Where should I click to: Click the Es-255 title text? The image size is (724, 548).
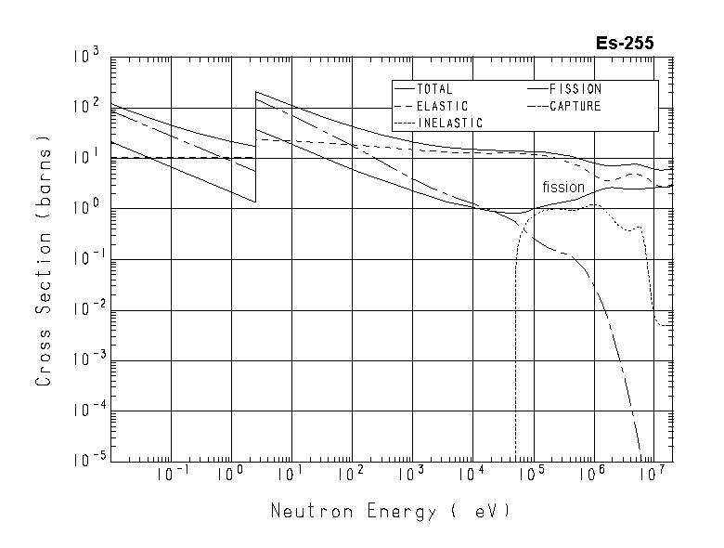point(625,43)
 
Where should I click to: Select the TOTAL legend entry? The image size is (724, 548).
point(434,89)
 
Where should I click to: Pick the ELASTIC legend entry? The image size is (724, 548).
point(442,106)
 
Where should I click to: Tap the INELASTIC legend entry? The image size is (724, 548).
point(449,123)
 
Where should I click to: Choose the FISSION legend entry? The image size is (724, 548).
point(575,89)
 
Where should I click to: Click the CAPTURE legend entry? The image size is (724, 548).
point(575,106)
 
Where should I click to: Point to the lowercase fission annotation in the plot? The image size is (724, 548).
point(563,188)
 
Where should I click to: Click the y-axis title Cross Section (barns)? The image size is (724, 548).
point(44,259)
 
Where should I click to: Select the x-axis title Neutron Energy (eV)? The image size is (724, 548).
point(390,512)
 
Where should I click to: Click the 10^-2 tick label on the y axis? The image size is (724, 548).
point(85,310)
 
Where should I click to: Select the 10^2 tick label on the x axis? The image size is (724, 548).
point(352,476)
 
